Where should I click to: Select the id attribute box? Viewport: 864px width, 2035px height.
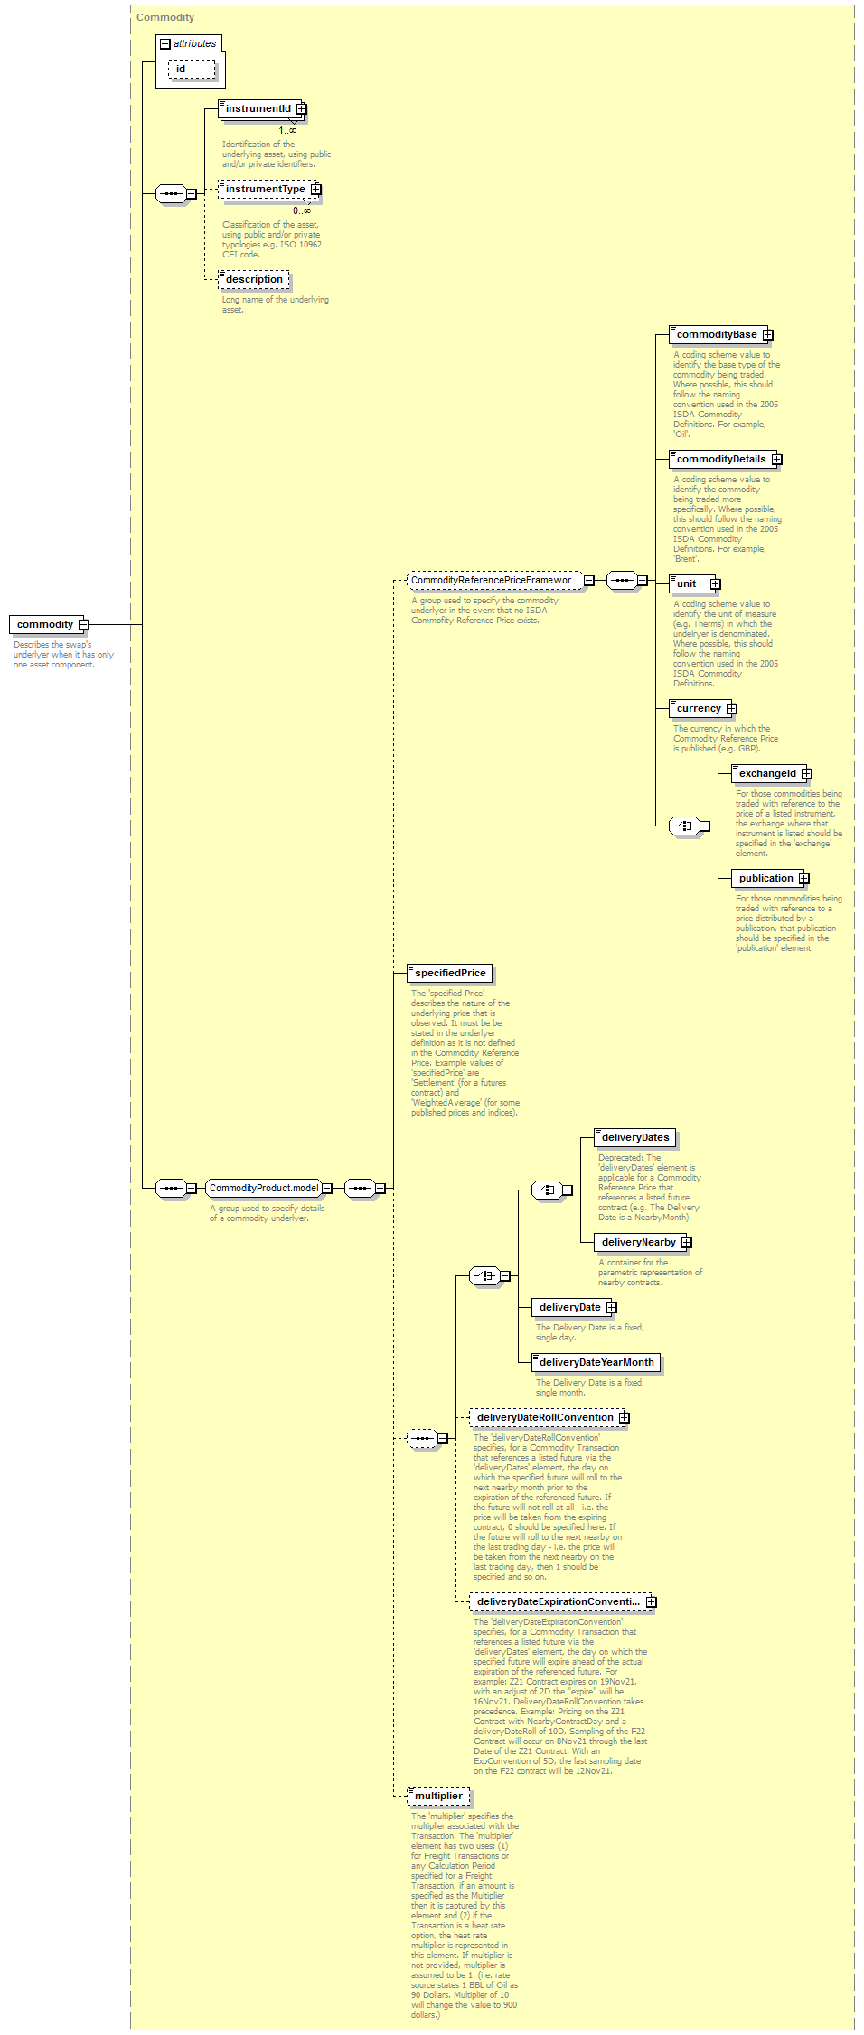coord(192,69)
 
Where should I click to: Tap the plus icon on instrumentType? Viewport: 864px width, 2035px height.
coord(315,190)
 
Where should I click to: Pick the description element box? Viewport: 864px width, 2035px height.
coord(254,279)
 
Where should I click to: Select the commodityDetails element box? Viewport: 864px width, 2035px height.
coord(725,459)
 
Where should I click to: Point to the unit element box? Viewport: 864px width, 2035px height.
coord(694,583)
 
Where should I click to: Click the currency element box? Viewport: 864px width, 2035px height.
coord(702,708)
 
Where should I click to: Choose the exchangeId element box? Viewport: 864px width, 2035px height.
coord(771,773)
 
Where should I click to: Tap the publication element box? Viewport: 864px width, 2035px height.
coord(770,878)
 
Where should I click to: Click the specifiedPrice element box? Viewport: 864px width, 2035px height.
coord(449,973)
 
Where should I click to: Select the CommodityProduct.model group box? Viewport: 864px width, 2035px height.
coord(268,1188)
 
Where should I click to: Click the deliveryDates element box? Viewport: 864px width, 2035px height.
coord(634,1137)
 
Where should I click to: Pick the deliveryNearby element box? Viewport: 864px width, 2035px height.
coord(643,1242)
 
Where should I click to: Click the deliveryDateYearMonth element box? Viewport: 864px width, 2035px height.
coord(596,1362)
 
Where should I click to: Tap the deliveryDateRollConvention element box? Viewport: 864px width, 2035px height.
coord(549,1417)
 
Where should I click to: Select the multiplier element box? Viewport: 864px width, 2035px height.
coord(438,1796)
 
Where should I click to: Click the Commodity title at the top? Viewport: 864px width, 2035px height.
coord(165,17)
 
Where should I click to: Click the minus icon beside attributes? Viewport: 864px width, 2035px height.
coord(164,43)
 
